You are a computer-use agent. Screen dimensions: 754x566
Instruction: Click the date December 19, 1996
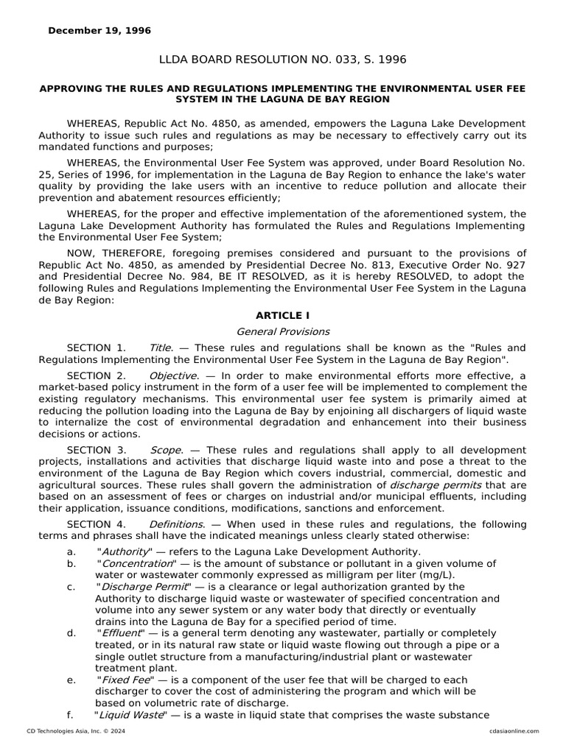click(99, 31)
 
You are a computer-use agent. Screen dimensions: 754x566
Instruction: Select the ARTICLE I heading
click(282, 316)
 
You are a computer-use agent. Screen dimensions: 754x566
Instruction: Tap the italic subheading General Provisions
click(282, 331)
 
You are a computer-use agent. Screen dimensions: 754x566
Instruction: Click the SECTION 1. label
click(97, 348)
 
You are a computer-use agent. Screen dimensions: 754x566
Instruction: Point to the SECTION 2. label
click(97, 376)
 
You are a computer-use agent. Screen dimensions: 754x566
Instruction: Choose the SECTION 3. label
click(97, 450)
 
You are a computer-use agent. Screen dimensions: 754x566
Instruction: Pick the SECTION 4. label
click(97, 524)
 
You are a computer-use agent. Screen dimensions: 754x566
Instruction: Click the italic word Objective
click(174, 376)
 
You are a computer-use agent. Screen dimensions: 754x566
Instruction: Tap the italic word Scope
click(165, 450)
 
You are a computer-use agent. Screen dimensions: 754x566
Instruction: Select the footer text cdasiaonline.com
click(514, 731)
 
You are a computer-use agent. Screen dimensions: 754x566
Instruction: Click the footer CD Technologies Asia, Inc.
click(67, 731)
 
